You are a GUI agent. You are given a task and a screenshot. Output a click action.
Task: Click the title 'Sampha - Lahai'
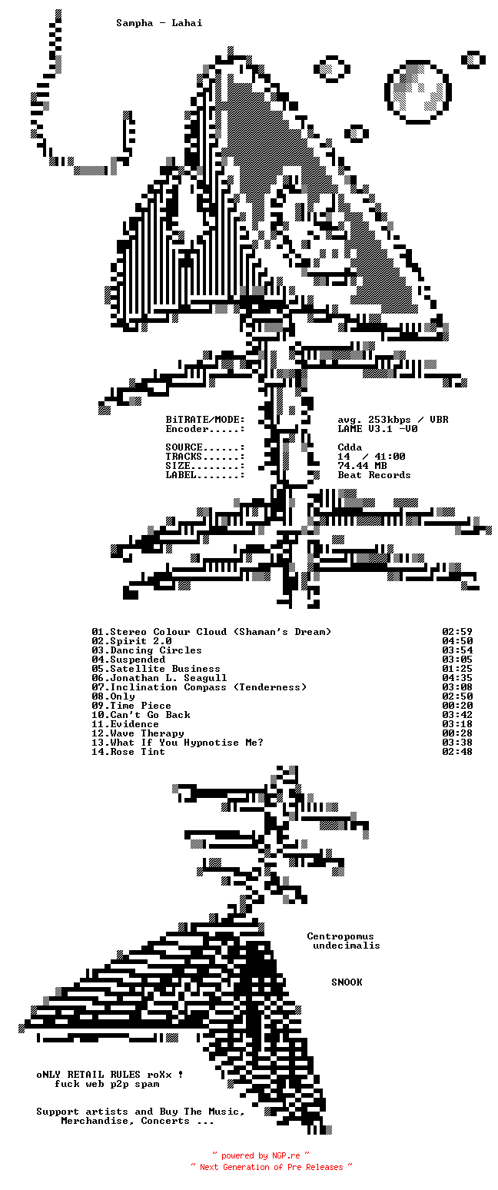159,23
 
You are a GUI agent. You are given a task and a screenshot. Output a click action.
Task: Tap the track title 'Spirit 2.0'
141,641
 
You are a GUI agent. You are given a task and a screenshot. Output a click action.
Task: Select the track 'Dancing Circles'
156,650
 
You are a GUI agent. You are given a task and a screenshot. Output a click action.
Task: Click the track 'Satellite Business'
165,669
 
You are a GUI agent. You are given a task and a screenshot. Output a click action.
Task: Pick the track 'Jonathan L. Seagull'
168,678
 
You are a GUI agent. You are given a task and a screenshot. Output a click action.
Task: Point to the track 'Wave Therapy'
147,733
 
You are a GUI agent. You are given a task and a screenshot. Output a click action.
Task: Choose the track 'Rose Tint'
138,752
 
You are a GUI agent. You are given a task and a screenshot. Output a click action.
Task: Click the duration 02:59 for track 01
457,632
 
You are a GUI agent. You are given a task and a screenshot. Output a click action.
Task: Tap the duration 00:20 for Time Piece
457,706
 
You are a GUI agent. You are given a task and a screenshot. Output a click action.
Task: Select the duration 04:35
457,678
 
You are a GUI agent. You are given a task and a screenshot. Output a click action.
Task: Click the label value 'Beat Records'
374,475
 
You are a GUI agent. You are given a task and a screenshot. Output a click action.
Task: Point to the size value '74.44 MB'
362,466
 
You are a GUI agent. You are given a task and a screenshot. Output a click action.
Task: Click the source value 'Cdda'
350,447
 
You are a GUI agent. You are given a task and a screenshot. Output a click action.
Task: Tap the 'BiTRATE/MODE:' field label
205,420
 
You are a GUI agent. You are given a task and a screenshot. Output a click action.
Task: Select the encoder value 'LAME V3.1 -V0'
377,429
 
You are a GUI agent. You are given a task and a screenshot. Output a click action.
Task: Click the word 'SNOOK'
347,982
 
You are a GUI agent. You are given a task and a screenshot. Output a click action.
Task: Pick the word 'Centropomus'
340,936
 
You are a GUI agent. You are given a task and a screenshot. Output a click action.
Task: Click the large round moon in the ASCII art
417,91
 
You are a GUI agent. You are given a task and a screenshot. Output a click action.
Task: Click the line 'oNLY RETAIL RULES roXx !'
110,1075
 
